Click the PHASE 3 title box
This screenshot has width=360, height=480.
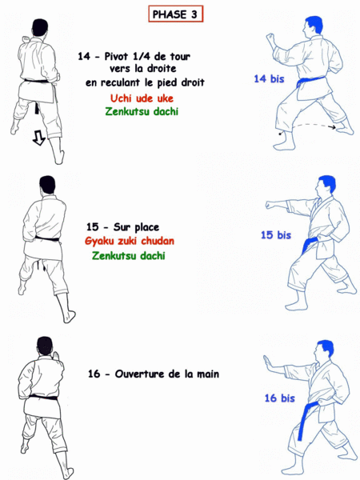(176, 14)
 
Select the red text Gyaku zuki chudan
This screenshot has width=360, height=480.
(129, 241)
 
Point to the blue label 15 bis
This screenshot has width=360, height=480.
(275, 235)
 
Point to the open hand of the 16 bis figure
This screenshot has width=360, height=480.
(268, 366)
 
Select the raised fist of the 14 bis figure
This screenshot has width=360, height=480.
(270, 37)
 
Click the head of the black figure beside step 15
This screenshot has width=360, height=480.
(46, 185)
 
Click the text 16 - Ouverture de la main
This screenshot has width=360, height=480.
(154, 374)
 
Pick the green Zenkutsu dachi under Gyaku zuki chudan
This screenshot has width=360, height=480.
(129, 256)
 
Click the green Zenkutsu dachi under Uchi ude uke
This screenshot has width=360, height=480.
(142, 111)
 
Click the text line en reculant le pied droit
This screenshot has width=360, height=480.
(146, 82)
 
